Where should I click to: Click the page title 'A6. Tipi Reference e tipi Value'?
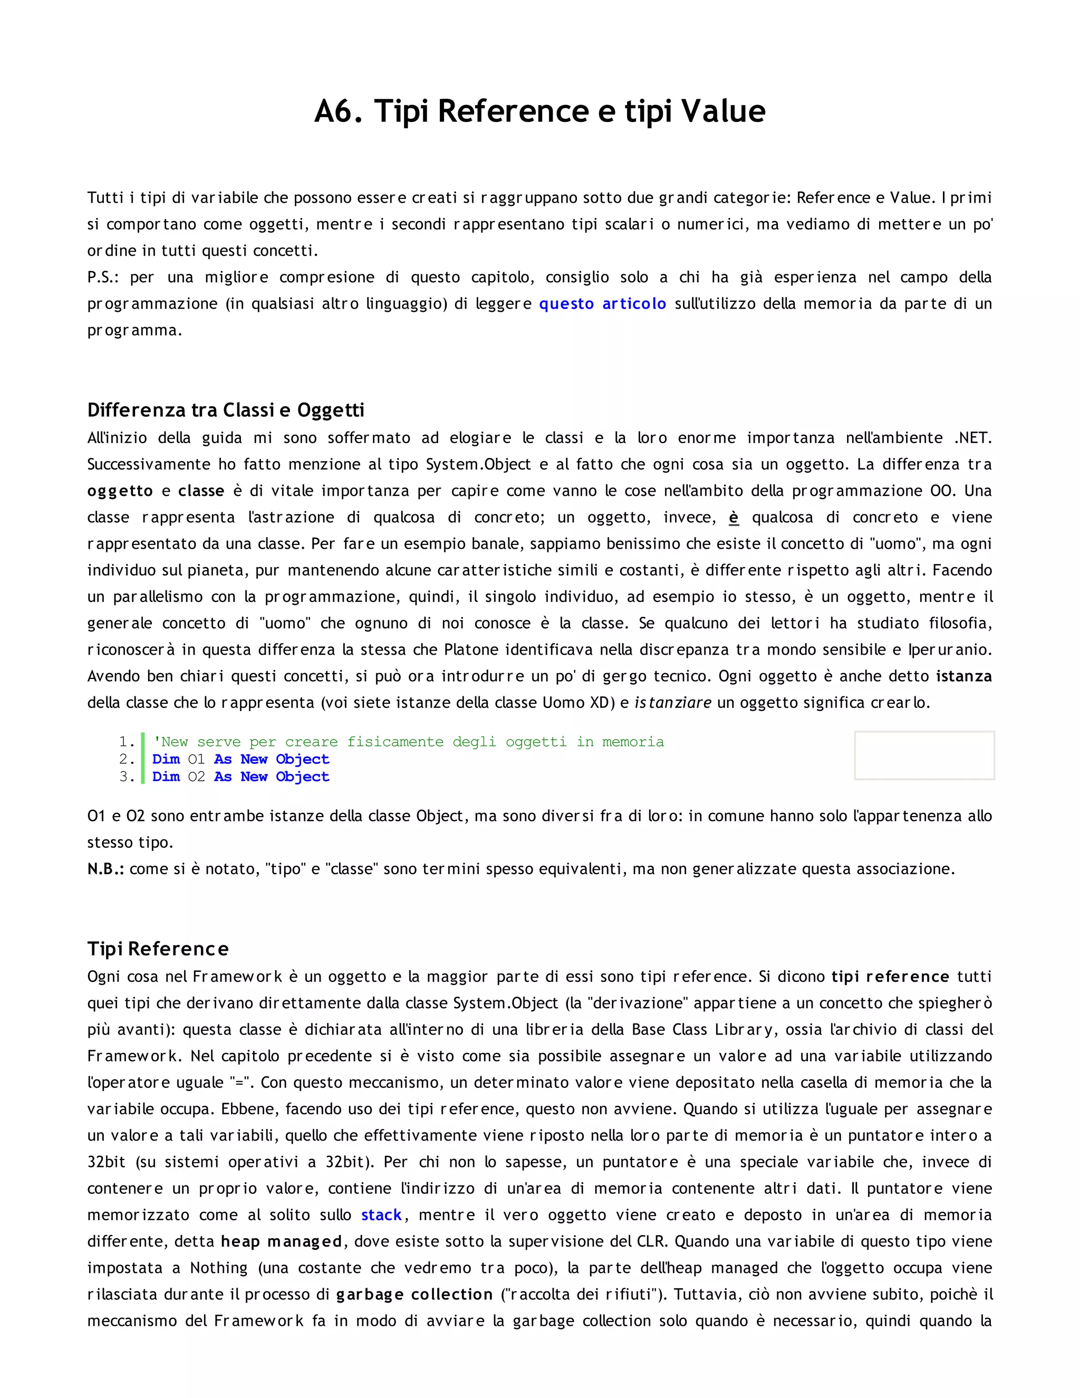pos(539,111)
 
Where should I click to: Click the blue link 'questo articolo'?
pos(602,303)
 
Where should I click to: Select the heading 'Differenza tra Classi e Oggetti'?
pos(225,410)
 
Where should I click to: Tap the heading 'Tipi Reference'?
pos(157,948)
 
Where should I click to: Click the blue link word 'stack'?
pos(381,1214)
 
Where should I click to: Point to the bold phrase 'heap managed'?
pos(282,1241)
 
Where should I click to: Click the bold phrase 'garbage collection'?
pos(414,1294)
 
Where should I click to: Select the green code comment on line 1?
pos(408,741)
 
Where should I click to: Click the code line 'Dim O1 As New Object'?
pos(240,759)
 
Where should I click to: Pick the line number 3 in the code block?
pos(126,777)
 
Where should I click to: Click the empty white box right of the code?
pos(924,755)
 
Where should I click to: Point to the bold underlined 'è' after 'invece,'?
pos(734,517)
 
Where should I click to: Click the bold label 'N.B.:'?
pos(105,869)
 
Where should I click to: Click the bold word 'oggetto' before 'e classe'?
pos(120,491)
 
